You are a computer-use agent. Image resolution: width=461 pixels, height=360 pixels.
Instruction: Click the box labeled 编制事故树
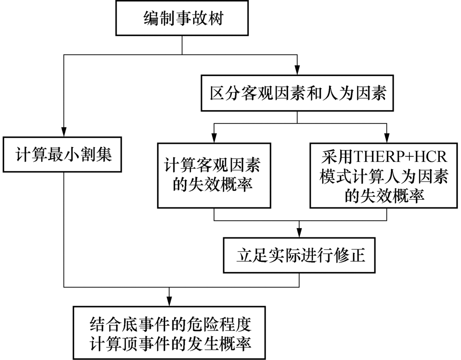coord(182,18)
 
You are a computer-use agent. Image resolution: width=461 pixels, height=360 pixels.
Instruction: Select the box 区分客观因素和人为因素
coord(297,93)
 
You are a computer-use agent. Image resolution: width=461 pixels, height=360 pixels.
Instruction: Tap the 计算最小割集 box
coord(62,154)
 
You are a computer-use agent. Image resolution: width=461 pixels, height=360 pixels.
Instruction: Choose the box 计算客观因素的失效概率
coord(214,176)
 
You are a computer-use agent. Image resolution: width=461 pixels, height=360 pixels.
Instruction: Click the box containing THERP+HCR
coord(384,176)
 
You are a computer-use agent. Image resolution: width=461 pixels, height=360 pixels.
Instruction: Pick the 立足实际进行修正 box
coord(299,255)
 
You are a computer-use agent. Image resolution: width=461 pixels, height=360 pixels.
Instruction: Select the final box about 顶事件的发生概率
coord(169,333)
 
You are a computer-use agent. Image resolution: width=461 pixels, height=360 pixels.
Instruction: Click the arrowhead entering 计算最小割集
coord(64,132)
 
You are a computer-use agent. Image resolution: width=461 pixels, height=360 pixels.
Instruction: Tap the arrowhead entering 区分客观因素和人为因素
coord(297,71)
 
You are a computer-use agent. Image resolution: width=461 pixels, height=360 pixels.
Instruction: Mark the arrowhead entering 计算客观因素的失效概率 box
coord(214,138)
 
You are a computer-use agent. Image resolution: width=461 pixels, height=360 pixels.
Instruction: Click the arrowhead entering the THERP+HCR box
coord(387,138)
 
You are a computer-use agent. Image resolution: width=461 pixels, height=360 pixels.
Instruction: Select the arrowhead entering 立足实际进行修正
coord(299,233)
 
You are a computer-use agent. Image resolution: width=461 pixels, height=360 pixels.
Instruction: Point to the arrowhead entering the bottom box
coord(169,302)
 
